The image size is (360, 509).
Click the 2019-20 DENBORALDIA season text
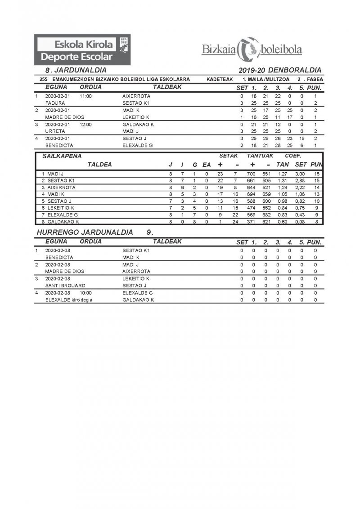tap(280, 70)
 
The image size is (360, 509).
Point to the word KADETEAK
tap(219, 79)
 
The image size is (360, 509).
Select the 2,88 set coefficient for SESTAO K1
tap(300, 180)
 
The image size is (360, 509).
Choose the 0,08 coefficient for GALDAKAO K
tap(300, 222)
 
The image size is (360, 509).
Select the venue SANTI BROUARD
tap(65, 286)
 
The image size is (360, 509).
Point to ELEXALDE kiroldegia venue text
tap(68, 299)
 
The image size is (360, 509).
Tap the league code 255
tap(44, 79)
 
